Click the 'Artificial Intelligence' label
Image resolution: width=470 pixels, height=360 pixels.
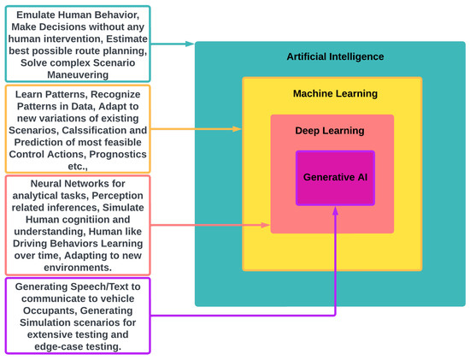(x=335, y=56)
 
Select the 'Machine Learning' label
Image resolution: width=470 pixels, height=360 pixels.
(x=334, y=93)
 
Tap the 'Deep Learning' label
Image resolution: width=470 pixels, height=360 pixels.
(x=330, y=131)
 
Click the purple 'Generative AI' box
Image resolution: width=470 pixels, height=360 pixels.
(x=335, y=176)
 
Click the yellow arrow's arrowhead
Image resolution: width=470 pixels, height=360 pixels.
(x=238, y=129)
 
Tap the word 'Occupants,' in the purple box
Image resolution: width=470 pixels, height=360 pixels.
(x=44, y=313)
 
